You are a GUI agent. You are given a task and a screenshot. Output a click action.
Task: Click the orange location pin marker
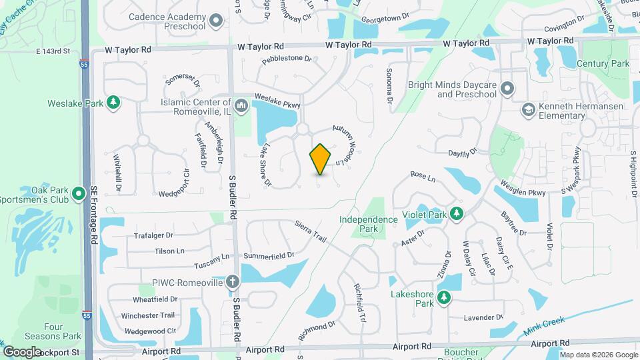tap(321, 159)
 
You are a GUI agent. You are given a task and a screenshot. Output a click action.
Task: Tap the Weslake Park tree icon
tap(113, 102)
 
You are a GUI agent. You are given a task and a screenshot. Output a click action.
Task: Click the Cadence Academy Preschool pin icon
tap(215, 21)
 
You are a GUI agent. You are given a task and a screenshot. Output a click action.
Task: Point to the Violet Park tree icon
tap(457, 213)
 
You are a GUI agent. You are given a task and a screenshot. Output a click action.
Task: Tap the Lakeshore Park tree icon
tap(443, 297)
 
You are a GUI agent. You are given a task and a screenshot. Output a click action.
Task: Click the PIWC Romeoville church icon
tap(232, 282)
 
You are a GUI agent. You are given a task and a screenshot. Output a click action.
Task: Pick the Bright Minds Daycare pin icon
tap(508, 88)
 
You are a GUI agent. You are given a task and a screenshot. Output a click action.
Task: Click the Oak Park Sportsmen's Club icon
tap(79, 194)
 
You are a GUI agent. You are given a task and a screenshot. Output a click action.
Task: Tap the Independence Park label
tap(368, 224)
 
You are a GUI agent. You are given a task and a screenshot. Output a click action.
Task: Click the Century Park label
tap(603, 63)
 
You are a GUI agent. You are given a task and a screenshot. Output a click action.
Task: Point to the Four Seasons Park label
tap(63, 331)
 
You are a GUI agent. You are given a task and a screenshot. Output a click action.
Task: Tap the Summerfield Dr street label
tap(269, 255)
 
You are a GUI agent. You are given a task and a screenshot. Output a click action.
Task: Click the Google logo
tap(22, 351)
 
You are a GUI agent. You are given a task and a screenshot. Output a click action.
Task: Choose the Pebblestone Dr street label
tap(287, 59)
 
